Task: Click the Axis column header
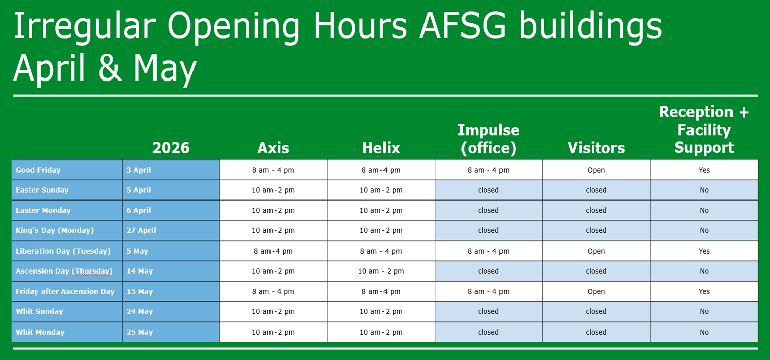pyautogui.click(x=273, y=148)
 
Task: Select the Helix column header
pyautogui.click(x=381, y=148)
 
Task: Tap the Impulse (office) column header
pyautogui.click(x=488, y=139)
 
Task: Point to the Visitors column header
pyautogui.click(x=596, y=148)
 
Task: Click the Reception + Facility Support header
pyautogui.click(x=704, y=130)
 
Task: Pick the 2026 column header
pyautogui.click(x=171, y=148)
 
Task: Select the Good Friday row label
pyautogui.click(x=38, y=170)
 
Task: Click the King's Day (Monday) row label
pyautogui.click(x=55, y=230)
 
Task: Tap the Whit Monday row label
pyautogui.click(x=40, y=332)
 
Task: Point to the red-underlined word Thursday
pyautogui.click(x=93, y=271)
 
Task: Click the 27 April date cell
pyautogui.click(x=141, y=230)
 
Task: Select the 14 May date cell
pyautogui.click(x=140, y=271)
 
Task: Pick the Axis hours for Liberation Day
pyautogui.click(x=273, y=251)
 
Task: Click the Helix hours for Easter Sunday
pyautogui.click(x=381, y=190)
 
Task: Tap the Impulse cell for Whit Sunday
pyautogui.click(x=488, y=311)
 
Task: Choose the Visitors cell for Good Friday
pyautogui.click(x=596, y=170)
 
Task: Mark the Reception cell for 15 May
pyautogui.click(x=704, y=291)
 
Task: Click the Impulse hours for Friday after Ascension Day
pyautogui.click(x=488, y=291)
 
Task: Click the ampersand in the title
pyautogui.click(x=109, y=67)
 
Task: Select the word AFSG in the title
pyautogui.click(x=463, y=26)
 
